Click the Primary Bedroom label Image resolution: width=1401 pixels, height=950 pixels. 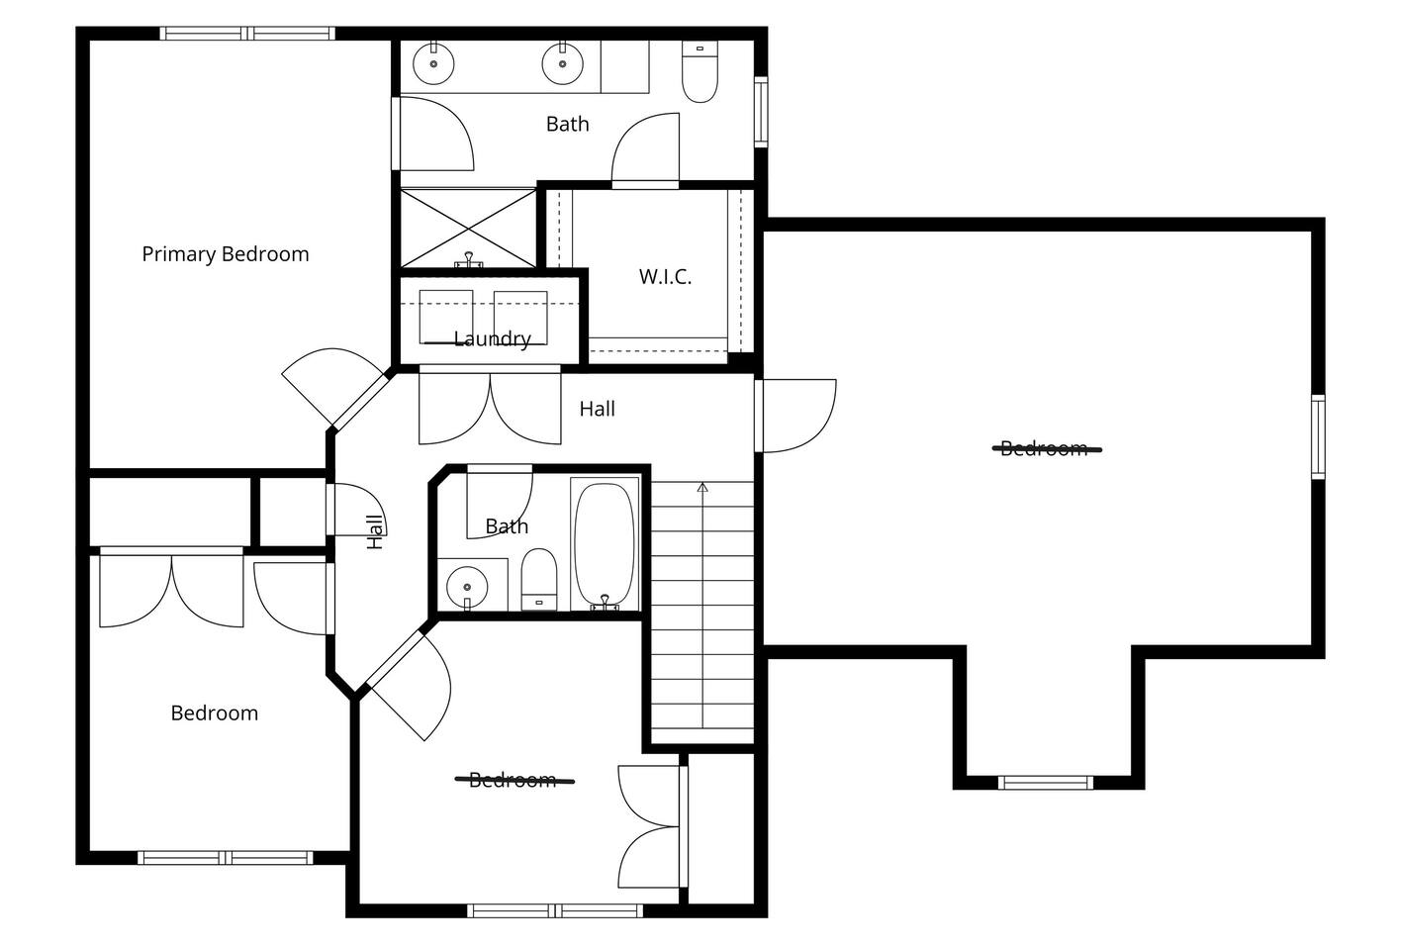(226, 254)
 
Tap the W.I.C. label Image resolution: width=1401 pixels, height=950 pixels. (666, 276)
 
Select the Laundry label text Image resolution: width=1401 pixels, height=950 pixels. (492, 339)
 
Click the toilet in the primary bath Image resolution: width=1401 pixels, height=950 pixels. (700, 71)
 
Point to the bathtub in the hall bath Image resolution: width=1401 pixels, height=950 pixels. (605, 543)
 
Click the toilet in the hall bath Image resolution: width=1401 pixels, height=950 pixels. (539, 579)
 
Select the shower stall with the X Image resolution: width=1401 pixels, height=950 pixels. (468, 229)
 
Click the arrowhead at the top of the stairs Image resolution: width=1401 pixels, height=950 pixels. (702, 487)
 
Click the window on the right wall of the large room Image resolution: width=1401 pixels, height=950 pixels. (1318, 436)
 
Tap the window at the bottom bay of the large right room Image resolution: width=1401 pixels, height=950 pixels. (1045, 783)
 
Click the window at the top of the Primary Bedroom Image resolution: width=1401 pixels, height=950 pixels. (247, 33)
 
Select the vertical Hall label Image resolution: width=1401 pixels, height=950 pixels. (375, 532)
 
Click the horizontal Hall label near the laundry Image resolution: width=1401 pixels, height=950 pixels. (598, 409)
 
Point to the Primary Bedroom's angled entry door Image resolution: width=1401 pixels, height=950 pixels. (334, 388)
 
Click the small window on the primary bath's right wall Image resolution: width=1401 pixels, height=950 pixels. (761, 112)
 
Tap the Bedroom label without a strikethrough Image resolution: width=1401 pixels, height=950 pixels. (215, 712)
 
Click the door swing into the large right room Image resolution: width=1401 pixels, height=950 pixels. (795, 416)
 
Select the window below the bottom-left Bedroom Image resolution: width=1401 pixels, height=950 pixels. (226, 857)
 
